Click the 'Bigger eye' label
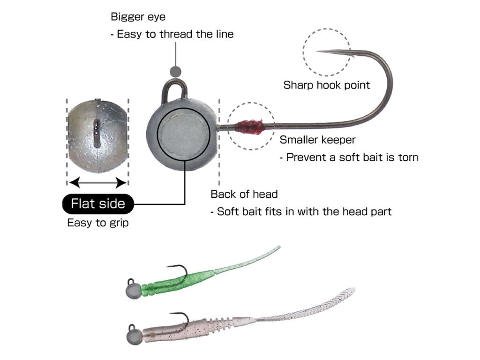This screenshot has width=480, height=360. tap(138, 17)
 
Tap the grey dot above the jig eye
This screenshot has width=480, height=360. tap(175, 71)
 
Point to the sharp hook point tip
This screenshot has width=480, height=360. tap(319, 51)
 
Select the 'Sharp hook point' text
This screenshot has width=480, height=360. tap(326, 85)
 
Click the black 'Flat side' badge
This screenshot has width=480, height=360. tap(98, 203)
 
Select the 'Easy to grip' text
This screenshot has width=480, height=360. tap(98, 222)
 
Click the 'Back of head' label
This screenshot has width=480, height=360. tap(244, 194)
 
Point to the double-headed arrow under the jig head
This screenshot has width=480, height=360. tap(98, 181)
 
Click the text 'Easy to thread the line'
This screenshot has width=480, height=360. tap(175, 34)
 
